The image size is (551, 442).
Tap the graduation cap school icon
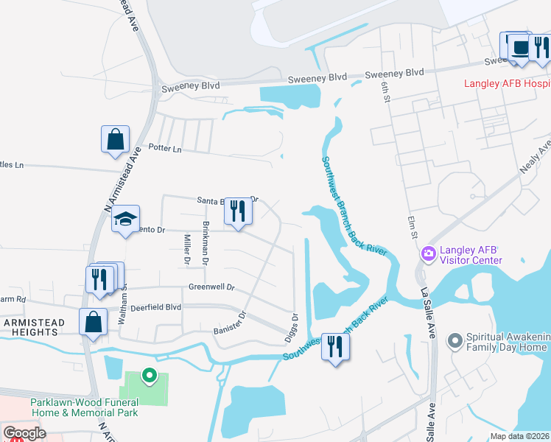tap(126, 218)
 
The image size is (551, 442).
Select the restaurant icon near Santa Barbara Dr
tap(237, 211)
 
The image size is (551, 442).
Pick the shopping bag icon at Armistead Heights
tap(93, 322)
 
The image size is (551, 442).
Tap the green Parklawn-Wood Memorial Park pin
tap(150, 376)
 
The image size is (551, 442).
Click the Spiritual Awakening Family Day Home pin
tap(455, 340)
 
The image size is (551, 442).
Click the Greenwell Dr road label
tap(211, 287)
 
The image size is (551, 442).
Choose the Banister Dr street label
tap(229, 322)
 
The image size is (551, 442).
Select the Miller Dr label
tap(186, 250)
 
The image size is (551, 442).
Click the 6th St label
tap(385, 90)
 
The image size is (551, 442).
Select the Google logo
tap(24, 433)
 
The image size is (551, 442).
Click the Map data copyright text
tap(519, 436)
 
